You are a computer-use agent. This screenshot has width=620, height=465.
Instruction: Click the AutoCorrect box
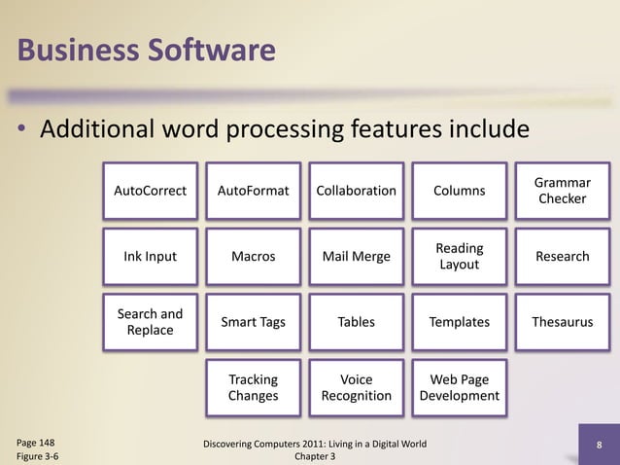pyautogui.click(x=151, y=191)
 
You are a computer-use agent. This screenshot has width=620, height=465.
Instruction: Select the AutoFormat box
pyautogui.click(x=253, y=191)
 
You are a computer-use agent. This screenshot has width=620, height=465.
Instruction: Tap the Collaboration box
pyautogui.click(x=356, y=191)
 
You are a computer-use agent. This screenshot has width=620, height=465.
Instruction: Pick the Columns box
pyautogui.click(x=459, y=191)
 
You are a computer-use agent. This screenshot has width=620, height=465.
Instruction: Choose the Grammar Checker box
pyautogui.click(x=563, y=191)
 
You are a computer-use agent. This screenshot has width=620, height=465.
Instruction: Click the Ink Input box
pyautogui.click(x=151, y=257)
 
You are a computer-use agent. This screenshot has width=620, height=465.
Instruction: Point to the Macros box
pyautogui.click(x=253, y=257)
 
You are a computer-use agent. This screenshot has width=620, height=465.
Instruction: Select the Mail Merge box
pyautogui.click(x=356, y=257)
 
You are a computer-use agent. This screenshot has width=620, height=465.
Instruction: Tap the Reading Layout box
pyautogui.click(x=459, y=257)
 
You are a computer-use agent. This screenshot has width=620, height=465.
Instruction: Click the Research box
pyautogui.click(x=563, y=257)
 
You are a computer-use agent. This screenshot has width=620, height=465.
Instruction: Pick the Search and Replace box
pyautogui.click(x=151, y=322)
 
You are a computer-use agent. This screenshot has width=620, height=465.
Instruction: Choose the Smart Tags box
pyautogui.click(x=253, y=322)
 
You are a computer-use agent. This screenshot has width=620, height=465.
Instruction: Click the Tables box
pyautogui.click(x=356, y=322)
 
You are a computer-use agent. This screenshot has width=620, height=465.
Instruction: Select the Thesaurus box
pyautogui.click(x=563, y=322)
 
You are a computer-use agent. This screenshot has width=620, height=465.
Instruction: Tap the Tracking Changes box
pyautogui.click(x=253, y=387)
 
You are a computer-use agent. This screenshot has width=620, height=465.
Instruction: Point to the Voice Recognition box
pyautogui.click(x=356, y=387)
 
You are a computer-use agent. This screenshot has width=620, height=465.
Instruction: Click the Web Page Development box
pyautogui.click(x=459, y=387)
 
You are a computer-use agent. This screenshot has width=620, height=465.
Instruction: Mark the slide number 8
pyautogui.click(x=600, y=447)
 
